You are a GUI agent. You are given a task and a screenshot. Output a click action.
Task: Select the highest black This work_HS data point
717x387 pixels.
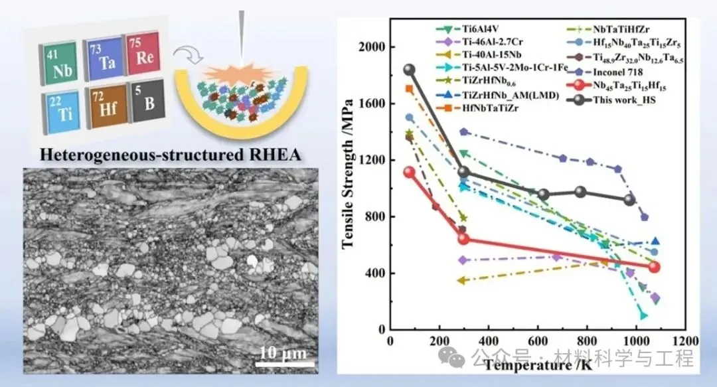point(409,70)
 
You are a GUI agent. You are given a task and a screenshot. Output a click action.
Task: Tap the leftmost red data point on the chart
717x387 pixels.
point(409,172)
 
